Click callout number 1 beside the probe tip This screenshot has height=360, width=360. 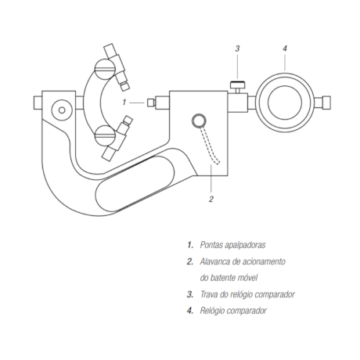(x=124, y=103)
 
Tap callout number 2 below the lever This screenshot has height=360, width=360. (x=211, y=199)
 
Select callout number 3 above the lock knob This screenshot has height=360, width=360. (x=237, y=49)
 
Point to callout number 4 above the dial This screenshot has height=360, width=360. (x=285, y=49)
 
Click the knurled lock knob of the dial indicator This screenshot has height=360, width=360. (x=238, y=85)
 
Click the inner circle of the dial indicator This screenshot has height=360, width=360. (x=285, y=103)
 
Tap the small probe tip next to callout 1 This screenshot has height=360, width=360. (x=150, y=103)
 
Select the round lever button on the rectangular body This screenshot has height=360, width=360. (x=199, y=121)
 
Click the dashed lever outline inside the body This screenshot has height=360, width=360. (x=211, y=146)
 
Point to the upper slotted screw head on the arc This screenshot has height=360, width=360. (x=105, y=69)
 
